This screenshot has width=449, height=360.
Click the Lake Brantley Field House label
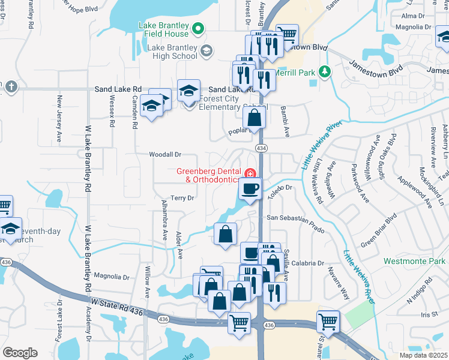[x=164, y=30]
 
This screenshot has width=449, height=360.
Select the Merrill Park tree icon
[x=325, y=73]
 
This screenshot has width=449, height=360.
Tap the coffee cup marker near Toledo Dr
[x=250, y=190]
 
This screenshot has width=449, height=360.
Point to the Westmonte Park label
[x=415, y=262]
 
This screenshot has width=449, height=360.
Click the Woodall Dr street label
[x=165, y=155]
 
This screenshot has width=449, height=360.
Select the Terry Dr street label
[x=182, y=198]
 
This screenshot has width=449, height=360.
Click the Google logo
[x=20, y=353]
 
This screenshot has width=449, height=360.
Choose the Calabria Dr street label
[x=309, y=263]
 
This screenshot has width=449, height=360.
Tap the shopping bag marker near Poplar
[x=255, y=119]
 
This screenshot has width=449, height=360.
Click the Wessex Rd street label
[x=112, y=111]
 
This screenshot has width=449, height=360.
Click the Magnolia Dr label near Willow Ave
[x=111, y=277]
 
